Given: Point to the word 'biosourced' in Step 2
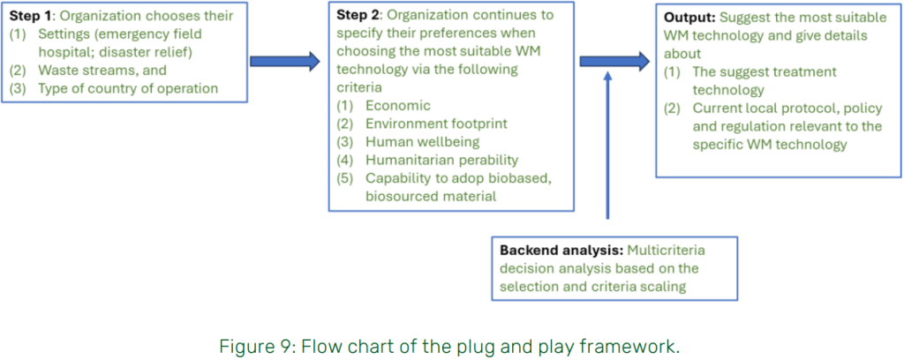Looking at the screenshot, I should [x=401, y=195].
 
